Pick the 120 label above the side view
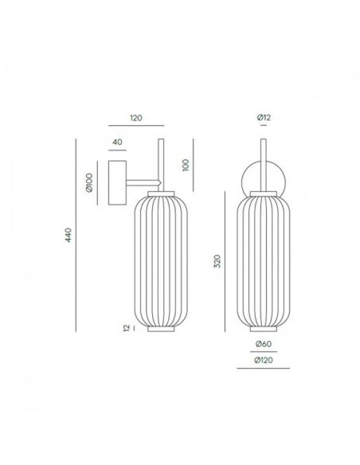[135, 118]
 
